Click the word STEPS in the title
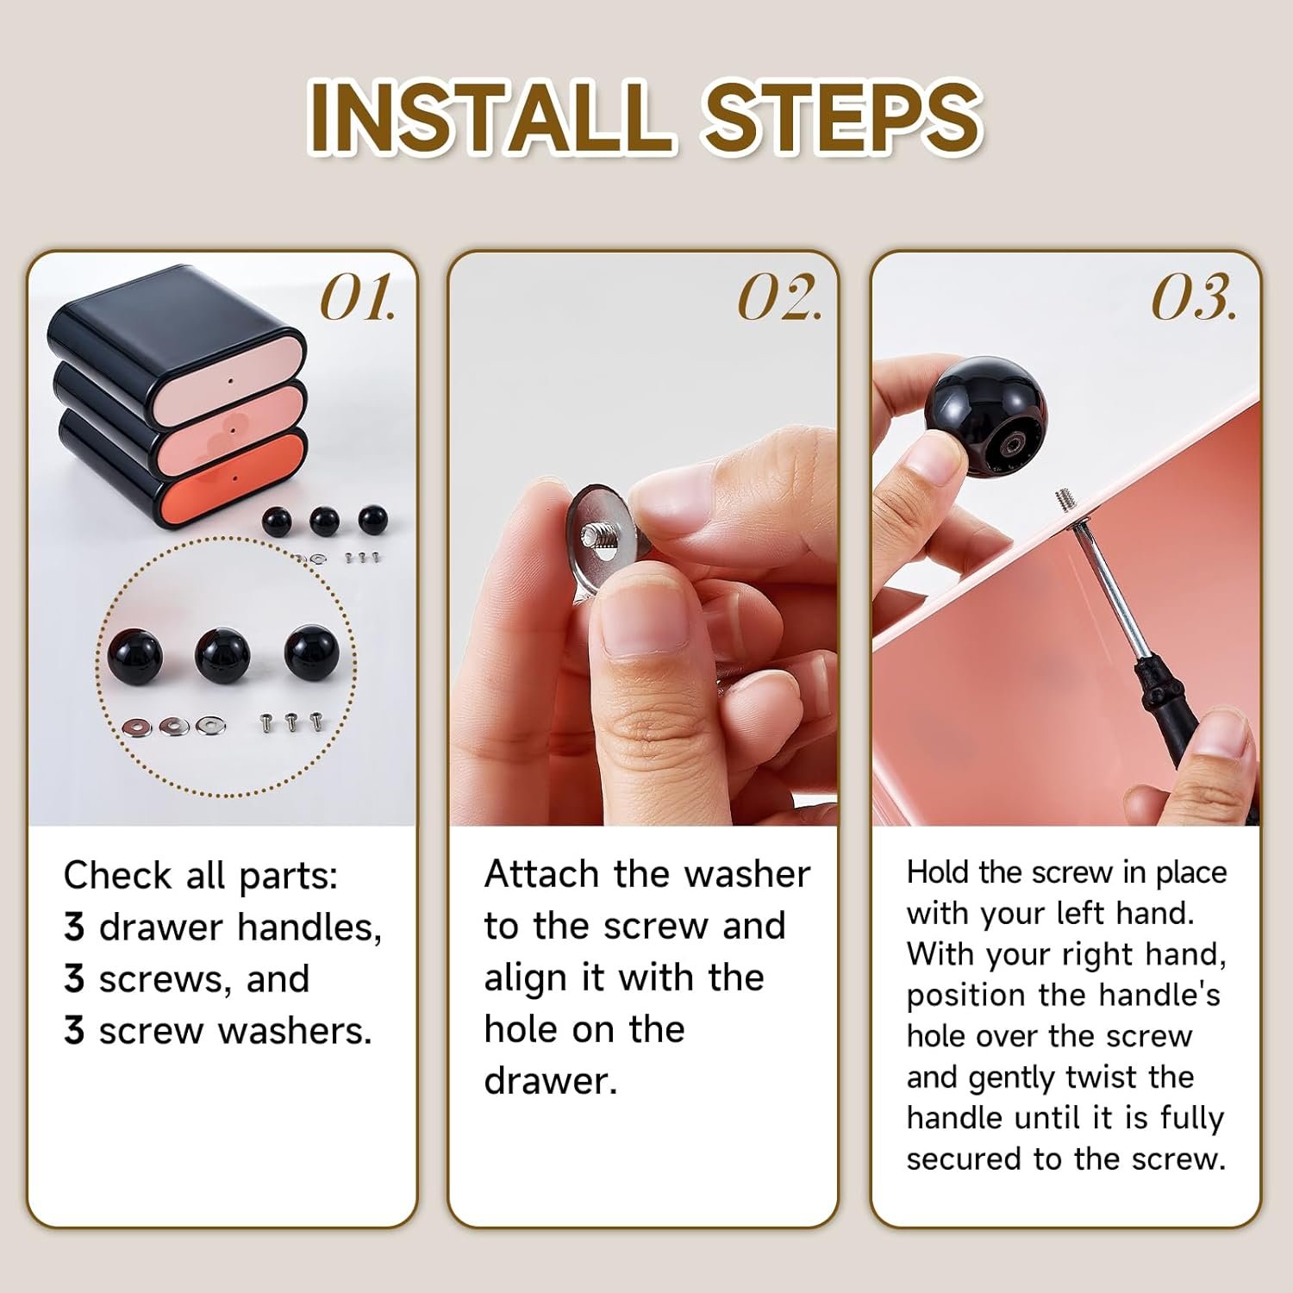[842, 116]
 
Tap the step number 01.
[358, 298]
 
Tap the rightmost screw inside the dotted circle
[317, 721]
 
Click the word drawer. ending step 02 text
[551, 1081]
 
